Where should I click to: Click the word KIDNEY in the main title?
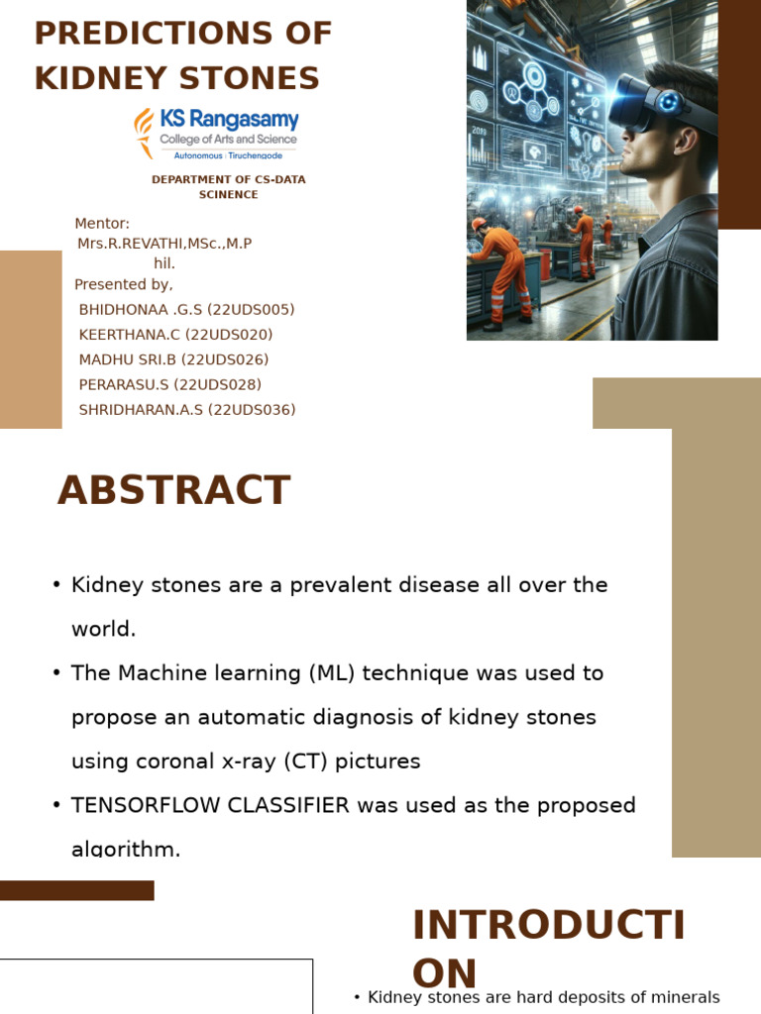click(x=100, y=78)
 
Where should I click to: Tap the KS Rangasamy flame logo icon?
click(x=144, y=134)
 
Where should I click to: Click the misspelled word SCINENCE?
click(x=229, y=195)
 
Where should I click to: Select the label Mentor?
click(x=102, y=223)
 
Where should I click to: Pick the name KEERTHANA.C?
click(x=130, y=335)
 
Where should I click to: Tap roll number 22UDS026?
click(x=225, y=359)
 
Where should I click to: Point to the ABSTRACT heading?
click(x=174, y=490)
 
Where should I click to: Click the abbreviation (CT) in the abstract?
click(x=306, y=761)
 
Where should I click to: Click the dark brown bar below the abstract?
click(x=77, y=890)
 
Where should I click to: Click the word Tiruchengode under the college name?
click(x=255, y=155)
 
